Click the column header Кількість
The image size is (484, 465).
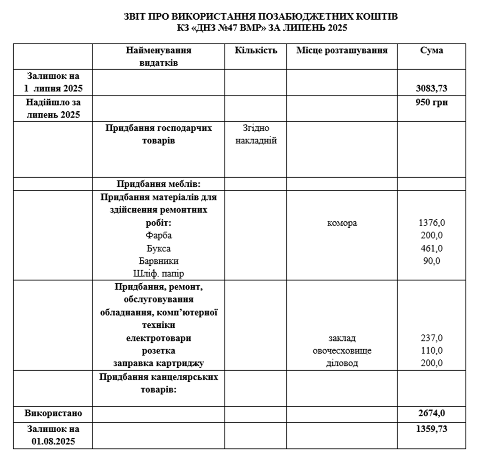click(x=256, y=51)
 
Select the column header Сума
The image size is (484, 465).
click(x=431, y=51)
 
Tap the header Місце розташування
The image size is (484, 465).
click(x=342, y=51)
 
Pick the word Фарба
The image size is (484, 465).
click(x=159, y=235)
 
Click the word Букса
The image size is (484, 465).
click(x=159, y=248)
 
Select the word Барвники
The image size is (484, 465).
click(x=159, y=261)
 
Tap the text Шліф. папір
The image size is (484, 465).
click(x=159, y=273)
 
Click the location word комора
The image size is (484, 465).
click(x=342, y=223)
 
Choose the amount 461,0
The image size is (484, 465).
click(x=431, y=248)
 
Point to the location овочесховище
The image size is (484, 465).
click(x=342, y=350)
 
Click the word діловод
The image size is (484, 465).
click(x=342, y=363)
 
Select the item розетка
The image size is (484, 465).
click(x=159, y=350)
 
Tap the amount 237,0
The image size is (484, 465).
click(x=431, y=338)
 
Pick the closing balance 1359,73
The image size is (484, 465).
click(x=431, y=429)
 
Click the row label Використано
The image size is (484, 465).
click(x=54, y=413)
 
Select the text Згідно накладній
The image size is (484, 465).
click(x=256, y=134)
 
